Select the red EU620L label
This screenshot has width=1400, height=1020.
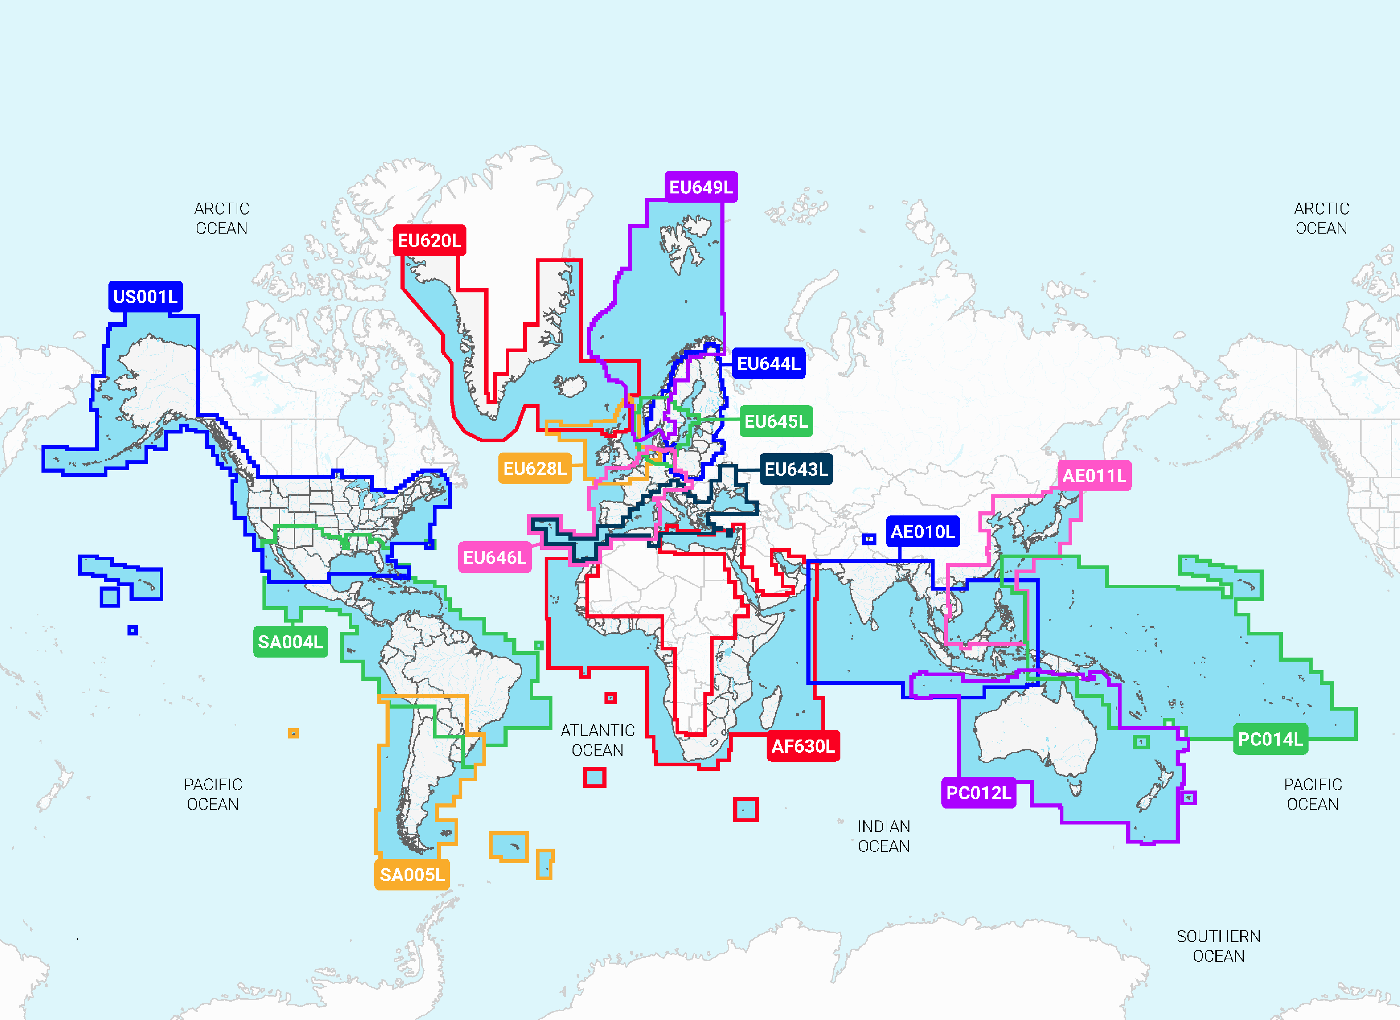(429, 240)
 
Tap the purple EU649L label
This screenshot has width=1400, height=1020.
(701, 187)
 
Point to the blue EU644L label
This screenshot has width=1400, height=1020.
(769, 364)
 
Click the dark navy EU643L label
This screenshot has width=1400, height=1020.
(796, 469)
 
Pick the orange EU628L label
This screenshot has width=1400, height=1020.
(534, 469)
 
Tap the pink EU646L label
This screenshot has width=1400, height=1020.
(494, 558)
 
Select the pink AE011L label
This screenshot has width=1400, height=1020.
(1094, 475)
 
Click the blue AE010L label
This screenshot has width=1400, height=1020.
(922, 532)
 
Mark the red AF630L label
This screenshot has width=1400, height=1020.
(802, 747)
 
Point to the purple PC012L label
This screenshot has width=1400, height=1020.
(978, 793)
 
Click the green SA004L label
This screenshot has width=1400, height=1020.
(290, 642)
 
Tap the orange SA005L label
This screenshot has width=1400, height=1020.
(412, 875)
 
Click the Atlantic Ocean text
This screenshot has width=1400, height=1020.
(597, 740)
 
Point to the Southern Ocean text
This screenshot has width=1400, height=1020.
(1218, 946)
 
